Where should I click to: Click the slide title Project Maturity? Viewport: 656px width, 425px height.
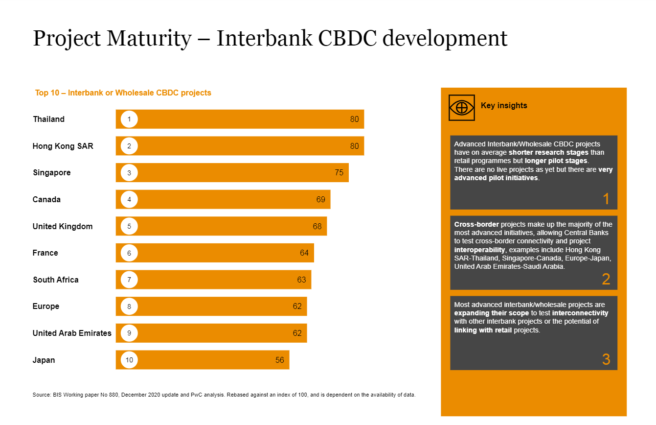click(270, 39)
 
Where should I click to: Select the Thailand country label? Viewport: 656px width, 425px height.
click(48, 119)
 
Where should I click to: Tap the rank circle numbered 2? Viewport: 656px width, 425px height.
click(129, 146)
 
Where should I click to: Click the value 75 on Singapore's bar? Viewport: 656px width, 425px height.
click(339, 172)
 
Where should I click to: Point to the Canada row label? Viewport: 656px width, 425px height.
click(46, 200)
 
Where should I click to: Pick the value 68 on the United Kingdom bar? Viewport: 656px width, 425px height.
click(317, 226)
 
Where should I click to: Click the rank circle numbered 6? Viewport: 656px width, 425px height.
click(129, 253)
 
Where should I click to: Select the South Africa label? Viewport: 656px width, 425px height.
click(55, 280)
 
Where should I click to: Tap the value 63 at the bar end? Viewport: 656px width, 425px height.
click(301, 280)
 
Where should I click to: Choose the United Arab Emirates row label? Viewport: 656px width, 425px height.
click(72, 333)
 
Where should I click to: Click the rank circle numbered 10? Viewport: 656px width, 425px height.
click(129, 360)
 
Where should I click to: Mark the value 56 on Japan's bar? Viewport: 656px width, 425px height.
click(279, 360)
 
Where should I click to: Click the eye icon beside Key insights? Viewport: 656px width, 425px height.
click(461, 107)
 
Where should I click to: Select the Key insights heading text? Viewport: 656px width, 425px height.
click(504, 106)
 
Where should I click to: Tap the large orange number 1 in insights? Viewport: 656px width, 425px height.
click(606, 199)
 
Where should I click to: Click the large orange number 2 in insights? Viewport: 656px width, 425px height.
click(606, 279)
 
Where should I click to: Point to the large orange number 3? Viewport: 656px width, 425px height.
click(606, 359)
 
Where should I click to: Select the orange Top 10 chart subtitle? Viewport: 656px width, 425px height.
click(123, 93)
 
